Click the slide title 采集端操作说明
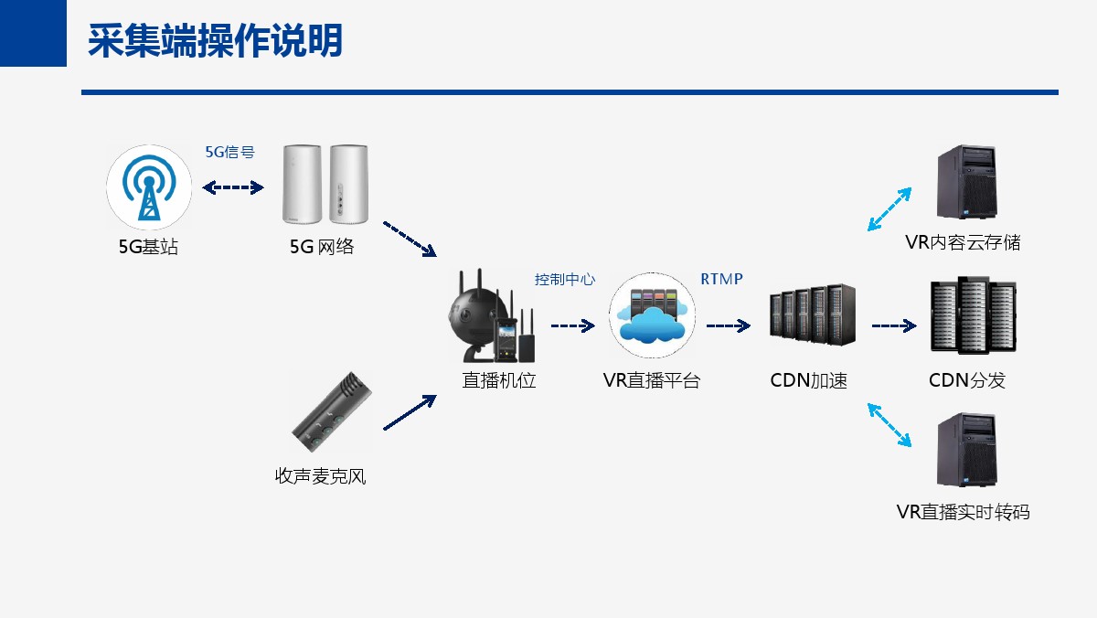tap(215, 40)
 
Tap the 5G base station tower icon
tap(149, 187)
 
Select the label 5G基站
tap(148, 246)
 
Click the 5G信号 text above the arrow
tap(229, 152)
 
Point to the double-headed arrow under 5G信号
tap(233, 187)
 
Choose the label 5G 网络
tap(321, 246)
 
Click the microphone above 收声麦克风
tap(332, 411)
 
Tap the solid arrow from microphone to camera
tap(410, 412)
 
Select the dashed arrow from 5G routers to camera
tap(410, 239)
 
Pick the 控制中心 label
tap(565, 279)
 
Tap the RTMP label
tap(721, 279)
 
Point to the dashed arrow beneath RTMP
tap(729, 325)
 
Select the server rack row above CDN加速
tap(813, 314)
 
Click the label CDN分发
tap(967, 380)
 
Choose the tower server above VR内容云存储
tap(967, 182)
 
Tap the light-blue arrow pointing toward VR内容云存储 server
tap(889, 209)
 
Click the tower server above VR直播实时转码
tap(967, 450)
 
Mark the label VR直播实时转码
tap(963, 512)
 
